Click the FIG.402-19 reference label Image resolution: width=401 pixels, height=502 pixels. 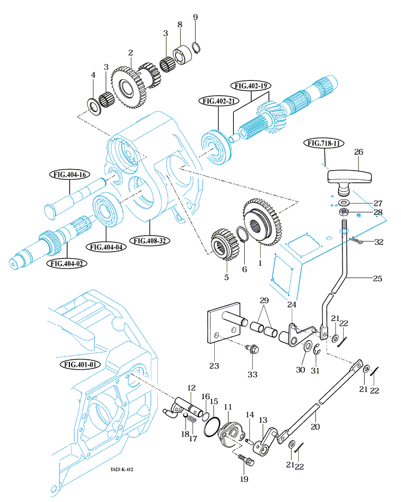251,86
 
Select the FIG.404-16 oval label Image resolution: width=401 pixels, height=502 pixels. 70,174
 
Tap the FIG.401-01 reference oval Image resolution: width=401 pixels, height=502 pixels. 80,364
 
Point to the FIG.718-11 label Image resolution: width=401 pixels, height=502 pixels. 323,143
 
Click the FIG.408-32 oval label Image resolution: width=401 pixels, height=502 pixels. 150,241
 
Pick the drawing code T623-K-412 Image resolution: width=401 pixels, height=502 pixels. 121,469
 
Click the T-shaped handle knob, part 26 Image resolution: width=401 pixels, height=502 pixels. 350,181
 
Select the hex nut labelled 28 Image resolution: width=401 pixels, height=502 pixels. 344,212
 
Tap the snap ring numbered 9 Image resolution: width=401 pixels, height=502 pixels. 196,47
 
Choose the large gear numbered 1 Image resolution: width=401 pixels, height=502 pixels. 263,222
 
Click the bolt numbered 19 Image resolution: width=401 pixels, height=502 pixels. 246,460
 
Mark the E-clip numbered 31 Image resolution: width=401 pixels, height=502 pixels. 316,349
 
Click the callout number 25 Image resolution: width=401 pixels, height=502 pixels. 378,278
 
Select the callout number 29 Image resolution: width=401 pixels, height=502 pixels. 264,300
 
